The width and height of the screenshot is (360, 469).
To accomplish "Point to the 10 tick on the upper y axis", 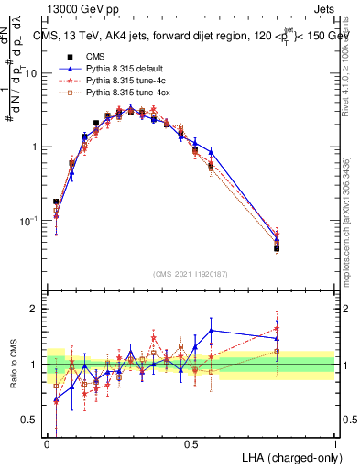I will [33, 73].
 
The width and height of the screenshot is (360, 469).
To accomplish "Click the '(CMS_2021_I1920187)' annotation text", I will [191, 274].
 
